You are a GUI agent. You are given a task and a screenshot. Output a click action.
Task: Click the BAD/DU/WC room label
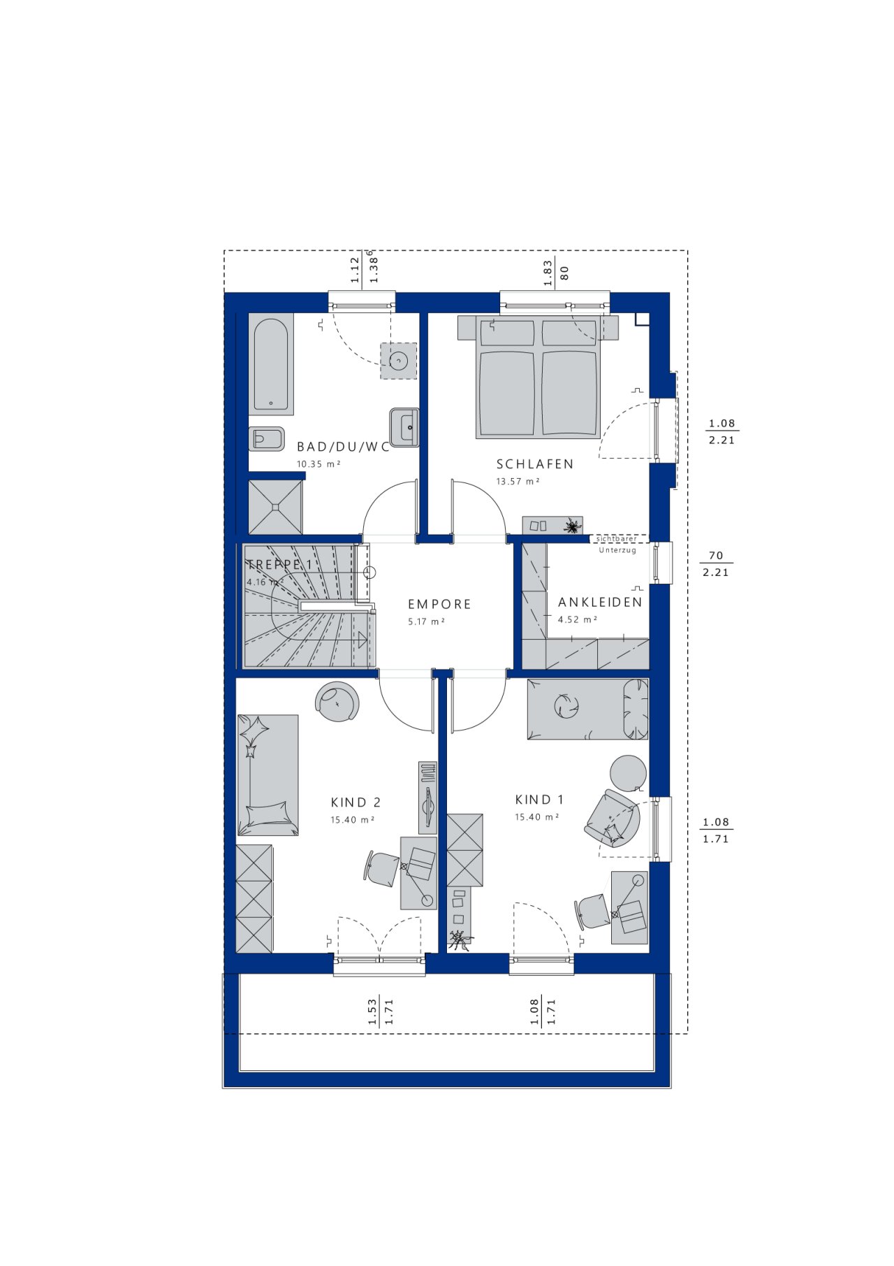pos(343,447)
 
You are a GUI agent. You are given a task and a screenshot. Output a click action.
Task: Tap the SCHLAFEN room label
pos(535,464)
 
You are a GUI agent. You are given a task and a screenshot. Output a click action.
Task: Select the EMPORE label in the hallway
pos(439,604)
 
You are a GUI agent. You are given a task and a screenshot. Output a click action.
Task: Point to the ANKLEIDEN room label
pos(600,602)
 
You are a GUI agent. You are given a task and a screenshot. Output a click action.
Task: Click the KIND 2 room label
pos(356,803)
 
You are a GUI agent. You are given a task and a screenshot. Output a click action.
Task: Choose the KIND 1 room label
pos(539,800)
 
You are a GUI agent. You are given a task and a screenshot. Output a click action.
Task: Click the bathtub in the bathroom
pos(271,364)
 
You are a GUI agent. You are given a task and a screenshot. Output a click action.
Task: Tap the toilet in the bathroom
pos(267,439)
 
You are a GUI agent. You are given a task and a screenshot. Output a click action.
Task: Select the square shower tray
pos(276,507)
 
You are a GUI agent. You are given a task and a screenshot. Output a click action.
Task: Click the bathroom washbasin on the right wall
pos(404,427)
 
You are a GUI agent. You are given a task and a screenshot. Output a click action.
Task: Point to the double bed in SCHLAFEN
pos(538,377)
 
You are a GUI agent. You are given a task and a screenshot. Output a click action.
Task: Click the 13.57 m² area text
pos(518,482)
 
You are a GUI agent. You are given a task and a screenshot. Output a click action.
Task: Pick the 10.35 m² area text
pos(318,464)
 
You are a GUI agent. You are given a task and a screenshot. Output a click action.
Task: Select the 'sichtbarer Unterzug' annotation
pos(617,545)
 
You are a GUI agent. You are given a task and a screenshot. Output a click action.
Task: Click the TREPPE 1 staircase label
pos(279,565)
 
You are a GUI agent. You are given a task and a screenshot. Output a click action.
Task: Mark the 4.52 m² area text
pos(578,619)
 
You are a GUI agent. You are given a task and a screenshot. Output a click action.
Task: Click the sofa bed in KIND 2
pos(268,775)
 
